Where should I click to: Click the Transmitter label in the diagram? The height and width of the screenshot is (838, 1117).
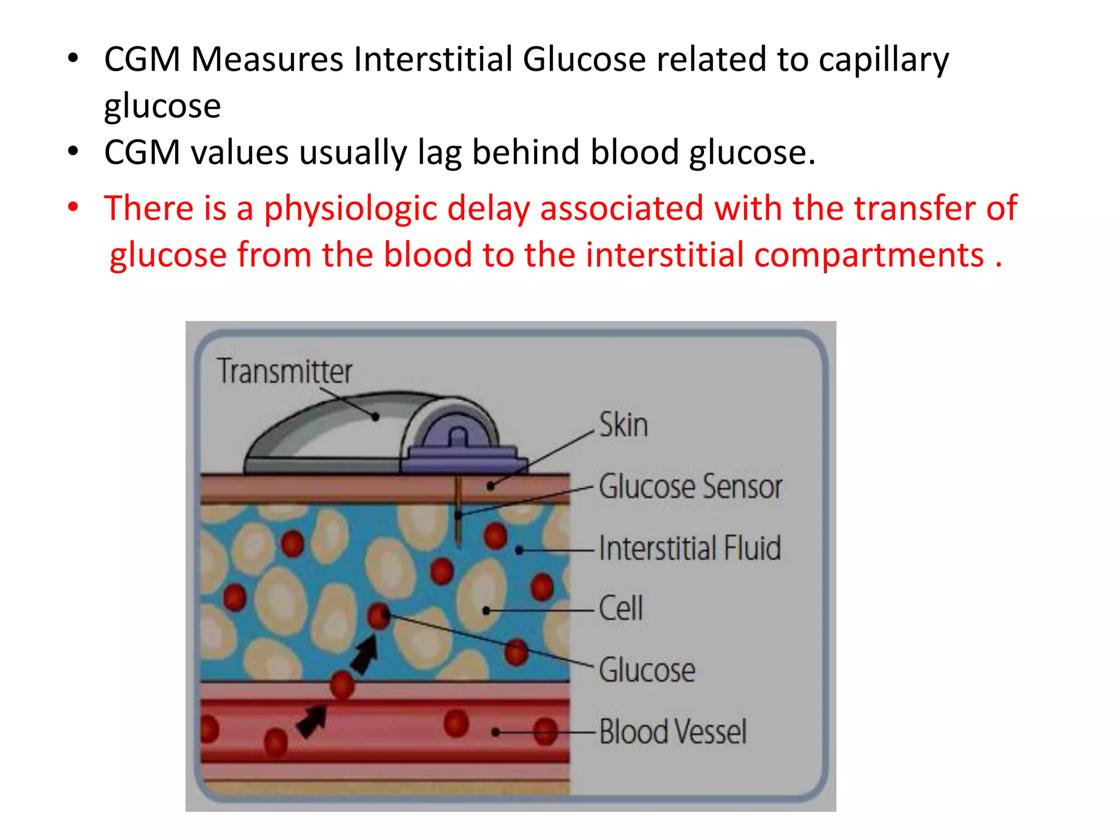tap(285, 372)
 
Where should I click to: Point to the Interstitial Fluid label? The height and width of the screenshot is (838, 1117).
tap(689, 548)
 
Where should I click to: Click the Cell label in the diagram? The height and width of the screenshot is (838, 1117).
tap(621, 608)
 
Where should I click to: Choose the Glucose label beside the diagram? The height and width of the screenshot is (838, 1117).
tap(647, 670)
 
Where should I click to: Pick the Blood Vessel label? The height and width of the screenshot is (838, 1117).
tap(672, 732)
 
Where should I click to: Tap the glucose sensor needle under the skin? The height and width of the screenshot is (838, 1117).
tap(458, 513)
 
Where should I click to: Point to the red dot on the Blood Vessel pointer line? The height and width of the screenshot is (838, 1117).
tap(545, 732)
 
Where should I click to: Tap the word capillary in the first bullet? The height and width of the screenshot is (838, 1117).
tap(884, 60)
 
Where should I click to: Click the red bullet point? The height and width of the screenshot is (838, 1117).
tap(73, 207)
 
